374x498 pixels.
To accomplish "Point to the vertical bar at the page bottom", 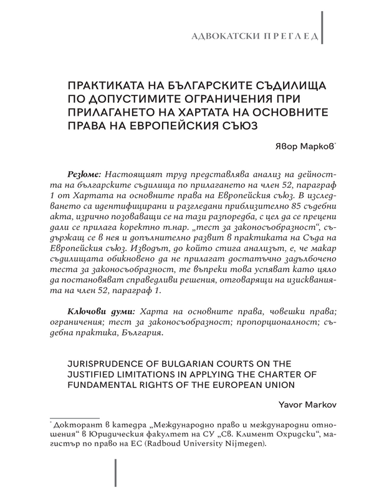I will [x=115, y=477].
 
